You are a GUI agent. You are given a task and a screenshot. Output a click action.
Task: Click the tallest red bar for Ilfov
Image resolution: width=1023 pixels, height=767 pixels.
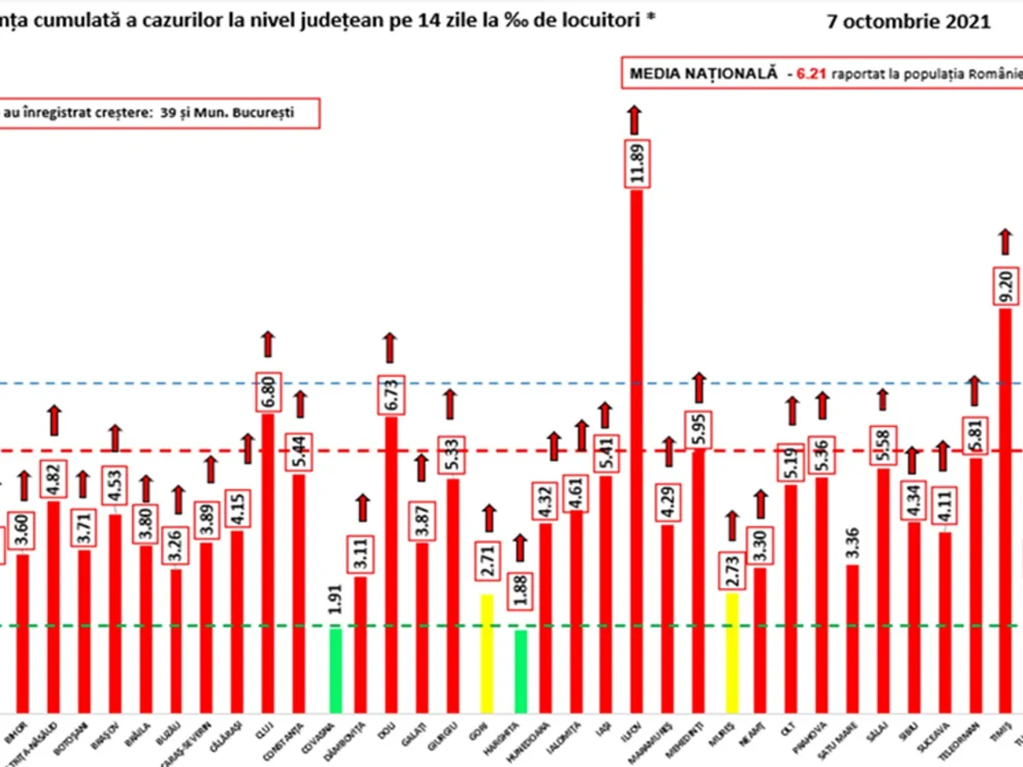[637, 452]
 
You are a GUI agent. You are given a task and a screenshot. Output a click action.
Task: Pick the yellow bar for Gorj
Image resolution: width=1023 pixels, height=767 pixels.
[487, 653]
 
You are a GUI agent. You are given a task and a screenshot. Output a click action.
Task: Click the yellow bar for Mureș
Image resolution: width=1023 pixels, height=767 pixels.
[731, 653]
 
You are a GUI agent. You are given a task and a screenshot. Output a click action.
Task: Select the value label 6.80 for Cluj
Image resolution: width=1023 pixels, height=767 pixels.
[268, 387]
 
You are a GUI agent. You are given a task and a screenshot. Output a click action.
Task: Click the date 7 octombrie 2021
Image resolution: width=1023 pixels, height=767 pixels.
[909, 23]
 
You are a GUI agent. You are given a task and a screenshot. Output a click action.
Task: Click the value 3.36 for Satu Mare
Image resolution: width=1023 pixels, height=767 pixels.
[852, 535]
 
